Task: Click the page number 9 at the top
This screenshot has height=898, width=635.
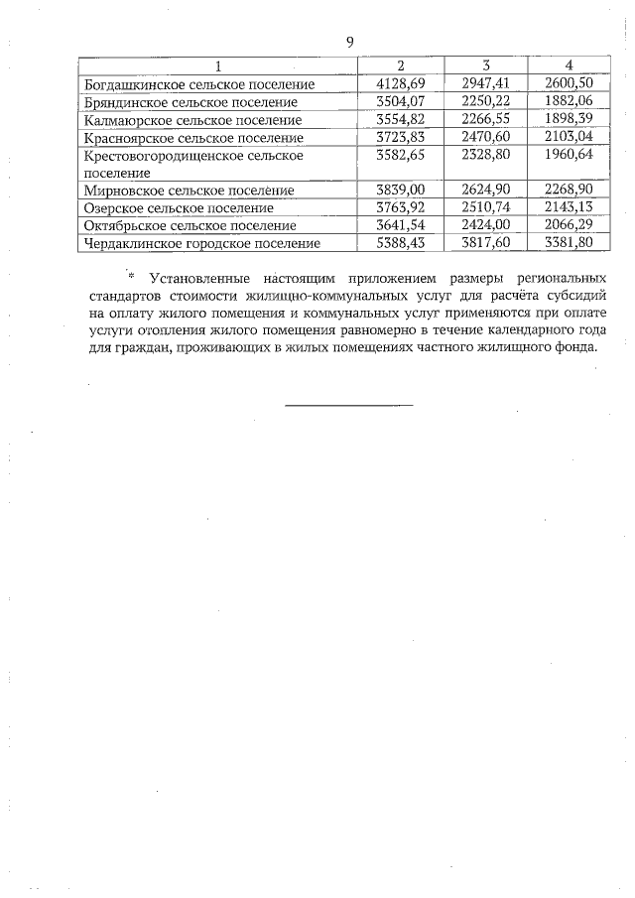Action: point(349,41)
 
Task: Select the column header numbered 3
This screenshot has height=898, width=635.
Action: point(486,65)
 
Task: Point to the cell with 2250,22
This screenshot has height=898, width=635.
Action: point(486,101)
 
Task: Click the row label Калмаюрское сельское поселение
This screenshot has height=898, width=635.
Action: point(193,120)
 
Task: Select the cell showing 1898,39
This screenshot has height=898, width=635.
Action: point(569,119)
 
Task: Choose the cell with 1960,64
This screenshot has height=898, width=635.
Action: point(569,155)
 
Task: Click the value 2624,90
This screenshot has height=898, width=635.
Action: point(486,190)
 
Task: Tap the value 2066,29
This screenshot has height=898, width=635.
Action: point(569,225)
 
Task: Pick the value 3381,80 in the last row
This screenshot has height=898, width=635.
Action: point(569,242)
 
